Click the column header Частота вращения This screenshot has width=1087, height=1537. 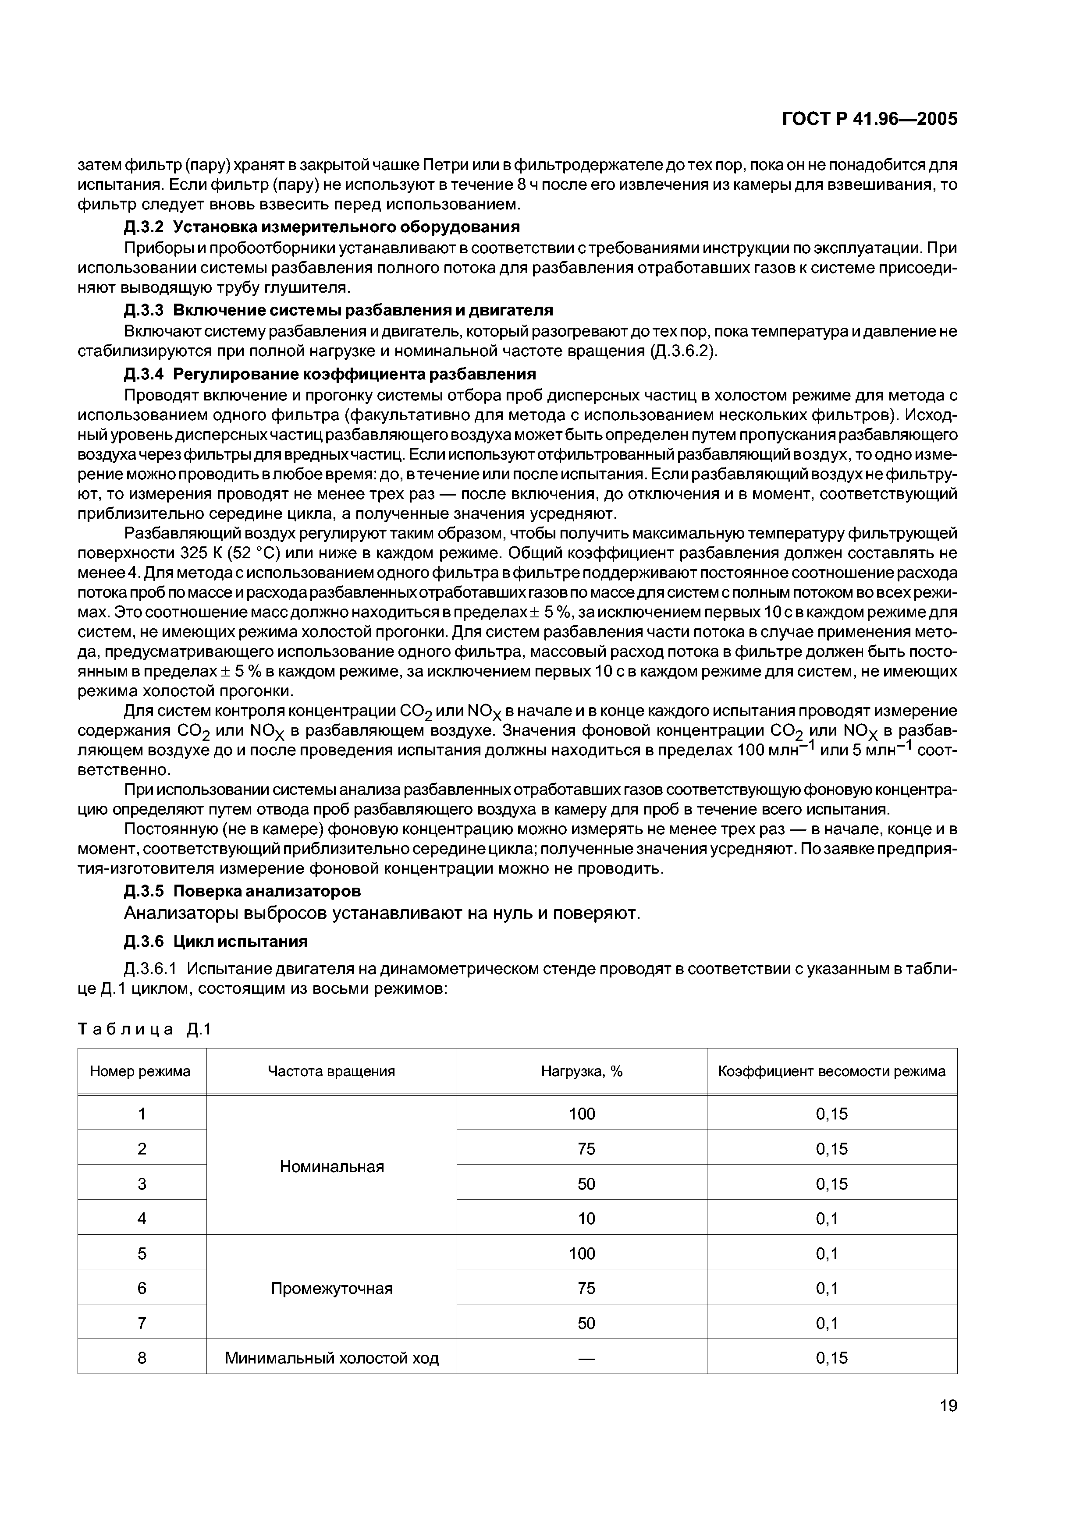click(x=331, y=1071)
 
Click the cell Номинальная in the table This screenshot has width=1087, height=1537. click(x=331, y=1166)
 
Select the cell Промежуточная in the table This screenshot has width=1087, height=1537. click(x=331, y=1288)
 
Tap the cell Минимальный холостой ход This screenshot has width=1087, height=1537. click(x=331, y=1358)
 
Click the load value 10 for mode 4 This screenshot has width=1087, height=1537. click(x=586, y=1218)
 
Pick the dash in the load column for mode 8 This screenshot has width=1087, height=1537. click(x=586, y=1358)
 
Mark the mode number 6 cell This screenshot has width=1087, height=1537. click(x=141, y=1288)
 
